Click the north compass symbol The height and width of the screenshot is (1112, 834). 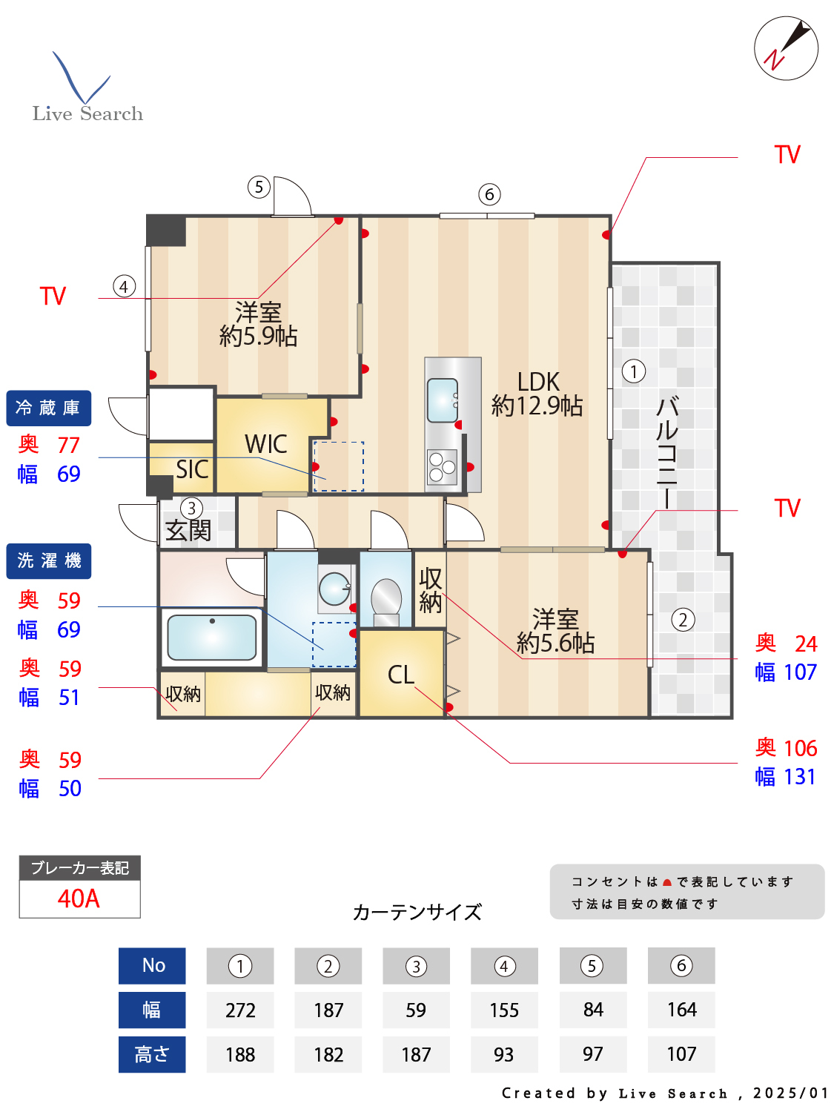click(786, 48)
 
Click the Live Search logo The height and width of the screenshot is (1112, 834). click(87, 89)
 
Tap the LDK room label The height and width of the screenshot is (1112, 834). click(537, 394)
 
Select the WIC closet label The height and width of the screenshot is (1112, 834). click(265, 444)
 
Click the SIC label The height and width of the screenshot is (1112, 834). click(191, 469)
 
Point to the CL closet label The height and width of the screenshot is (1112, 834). click(401, 675)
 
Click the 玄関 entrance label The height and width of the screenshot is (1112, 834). click(188, 529)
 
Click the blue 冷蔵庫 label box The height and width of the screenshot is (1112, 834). click(49, 408)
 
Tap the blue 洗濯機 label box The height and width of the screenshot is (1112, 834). click(49, 561)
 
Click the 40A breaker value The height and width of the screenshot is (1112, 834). click(79, 898)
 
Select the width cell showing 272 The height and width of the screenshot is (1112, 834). click(240, 1010)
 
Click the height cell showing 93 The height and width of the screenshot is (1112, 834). click(504, 1054)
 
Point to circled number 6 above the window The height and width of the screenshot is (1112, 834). click(489, 195)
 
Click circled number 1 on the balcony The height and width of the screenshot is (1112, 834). click(634, 371)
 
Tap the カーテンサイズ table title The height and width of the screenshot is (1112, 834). click(417, 912)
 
